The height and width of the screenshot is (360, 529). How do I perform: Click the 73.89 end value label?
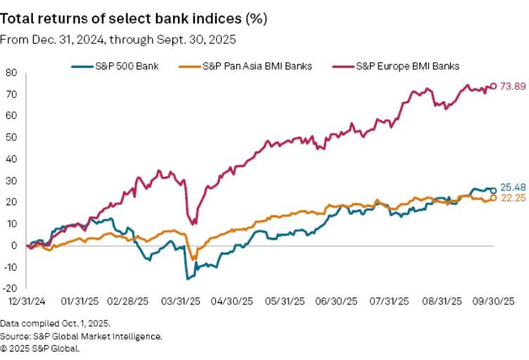coord(513,86)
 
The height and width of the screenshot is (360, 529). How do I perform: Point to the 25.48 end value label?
coord(513,189)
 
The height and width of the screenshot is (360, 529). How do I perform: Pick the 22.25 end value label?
coord(513,198)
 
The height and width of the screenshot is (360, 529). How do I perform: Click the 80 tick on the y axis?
coord(12,72)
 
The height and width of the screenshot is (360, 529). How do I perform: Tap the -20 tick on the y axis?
coord(11,288)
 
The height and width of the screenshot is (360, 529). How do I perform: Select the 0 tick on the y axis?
coord(14,245)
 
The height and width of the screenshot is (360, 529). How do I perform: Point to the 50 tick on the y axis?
coord(12,137)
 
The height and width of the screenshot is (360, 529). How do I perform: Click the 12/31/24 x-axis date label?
coord(26,301)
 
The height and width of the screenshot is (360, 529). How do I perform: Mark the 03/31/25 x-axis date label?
coord(181,301)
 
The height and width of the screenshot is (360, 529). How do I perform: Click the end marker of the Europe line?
coord(493,86)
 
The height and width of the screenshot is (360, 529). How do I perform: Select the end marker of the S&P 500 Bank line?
coord(493,190)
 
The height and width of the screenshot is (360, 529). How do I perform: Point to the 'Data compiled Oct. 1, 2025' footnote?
coord(56,324)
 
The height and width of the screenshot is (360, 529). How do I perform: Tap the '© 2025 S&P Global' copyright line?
coord(40,347)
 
